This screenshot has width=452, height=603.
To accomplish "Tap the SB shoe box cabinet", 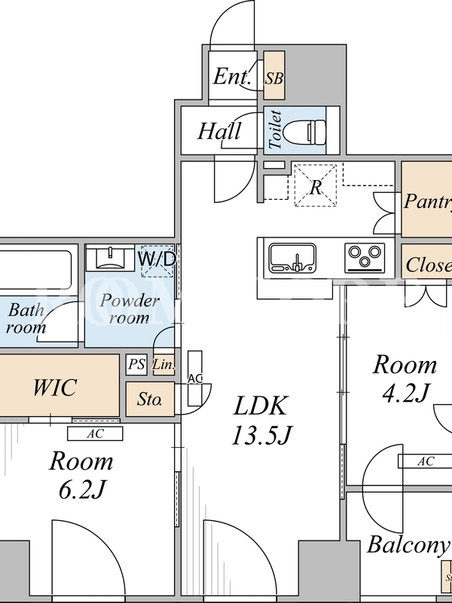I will [274, 76].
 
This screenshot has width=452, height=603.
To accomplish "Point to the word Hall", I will [219, 131].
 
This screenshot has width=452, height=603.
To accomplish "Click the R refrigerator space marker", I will [316, 187].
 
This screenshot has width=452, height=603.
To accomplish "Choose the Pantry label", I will [427, 201].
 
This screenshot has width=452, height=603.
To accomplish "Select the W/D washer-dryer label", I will [157, 259].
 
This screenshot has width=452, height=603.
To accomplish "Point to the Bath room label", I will [26, 319].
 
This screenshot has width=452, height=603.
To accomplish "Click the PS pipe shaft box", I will [136, 365].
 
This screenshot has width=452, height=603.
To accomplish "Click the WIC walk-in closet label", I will [54, 387].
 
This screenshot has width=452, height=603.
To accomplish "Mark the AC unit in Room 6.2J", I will [95, 433].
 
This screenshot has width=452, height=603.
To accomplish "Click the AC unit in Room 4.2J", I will [425, 461].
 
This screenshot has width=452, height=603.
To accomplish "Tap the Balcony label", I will [407, 544].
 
